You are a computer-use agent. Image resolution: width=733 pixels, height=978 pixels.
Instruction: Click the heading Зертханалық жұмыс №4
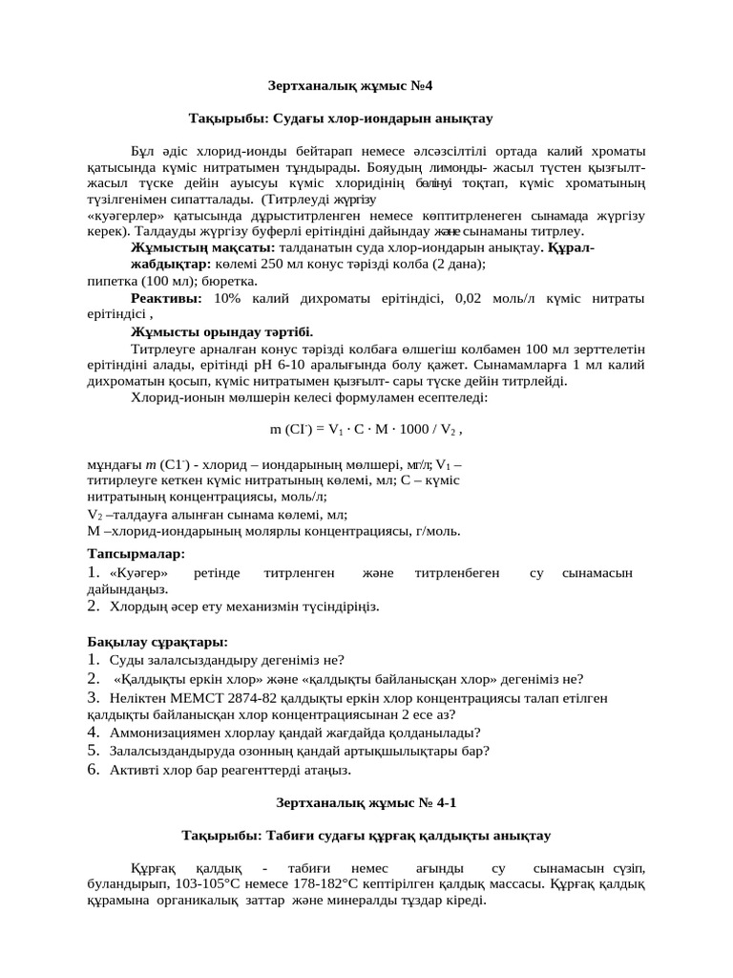tap(366, 85)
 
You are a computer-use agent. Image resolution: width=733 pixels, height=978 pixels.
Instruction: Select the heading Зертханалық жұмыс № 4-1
tap(366, 802)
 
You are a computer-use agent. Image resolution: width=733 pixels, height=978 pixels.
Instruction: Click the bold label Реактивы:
tap(166, 299)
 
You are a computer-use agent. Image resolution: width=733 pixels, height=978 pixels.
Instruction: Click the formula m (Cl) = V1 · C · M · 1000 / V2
tap(366, 430)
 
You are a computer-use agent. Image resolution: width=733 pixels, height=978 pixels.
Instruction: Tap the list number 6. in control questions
tap(94, 767)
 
